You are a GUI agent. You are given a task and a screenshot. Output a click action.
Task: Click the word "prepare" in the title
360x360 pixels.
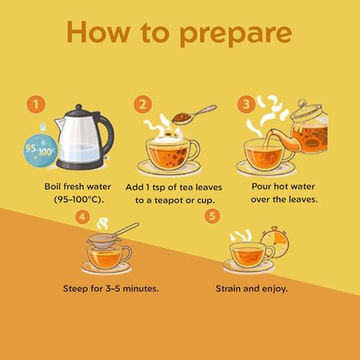tap(236, 34)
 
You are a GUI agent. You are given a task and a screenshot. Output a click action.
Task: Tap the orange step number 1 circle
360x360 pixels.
tap(36, 104)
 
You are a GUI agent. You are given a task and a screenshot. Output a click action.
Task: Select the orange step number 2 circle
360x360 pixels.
tap(143, 104)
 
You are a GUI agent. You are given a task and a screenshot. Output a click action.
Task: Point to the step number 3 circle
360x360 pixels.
tap(246, 104)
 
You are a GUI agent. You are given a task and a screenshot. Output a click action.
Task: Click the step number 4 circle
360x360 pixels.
tap(82, 217)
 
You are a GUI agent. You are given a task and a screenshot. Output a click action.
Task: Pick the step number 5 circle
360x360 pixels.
tap(212, 216)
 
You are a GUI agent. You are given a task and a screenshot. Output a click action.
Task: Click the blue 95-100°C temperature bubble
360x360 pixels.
tap(40, 150)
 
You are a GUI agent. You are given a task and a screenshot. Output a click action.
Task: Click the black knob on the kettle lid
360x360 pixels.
tap(78, 107)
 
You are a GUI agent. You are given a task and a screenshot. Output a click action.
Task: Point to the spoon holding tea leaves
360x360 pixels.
tap(194, 114)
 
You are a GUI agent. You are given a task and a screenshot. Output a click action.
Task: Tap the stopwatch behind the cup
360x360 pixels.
tap(275, 242)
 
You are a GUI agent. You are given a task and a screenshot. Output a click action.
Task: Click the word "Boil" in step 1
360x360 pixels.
tap(53, 186)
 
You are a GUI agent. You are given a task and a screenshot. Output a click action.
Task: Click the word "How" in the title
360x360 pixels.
tap(99, 32)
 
